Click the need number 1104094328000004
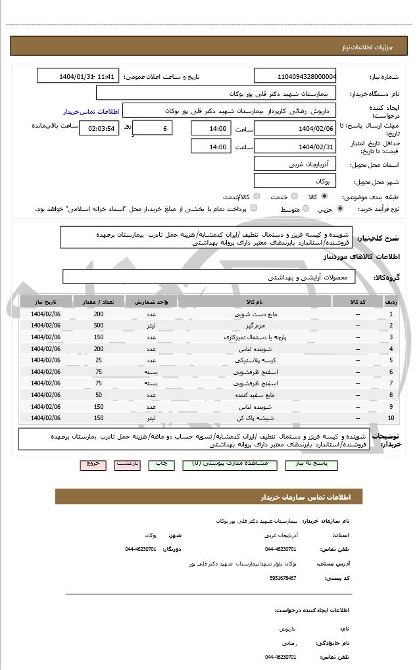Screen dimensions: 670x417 295,76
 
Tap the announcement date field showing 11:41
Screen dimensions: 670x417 78,76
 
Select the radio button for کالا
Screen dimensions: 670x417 324,196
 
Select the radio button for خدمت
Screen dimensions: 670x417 294,196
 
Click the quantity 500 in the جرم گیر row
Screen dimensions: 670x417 99,325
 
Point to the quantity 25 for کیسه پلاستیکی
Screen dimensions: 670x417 99,360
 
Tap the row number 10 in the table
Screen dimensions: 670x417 391,418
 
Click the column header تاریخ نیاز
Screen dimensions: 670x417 45,302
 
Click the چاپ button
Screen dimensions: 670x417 161,464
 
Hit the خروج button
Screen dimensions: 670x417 93,464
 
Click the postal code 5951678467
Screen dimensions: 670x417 283,577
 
